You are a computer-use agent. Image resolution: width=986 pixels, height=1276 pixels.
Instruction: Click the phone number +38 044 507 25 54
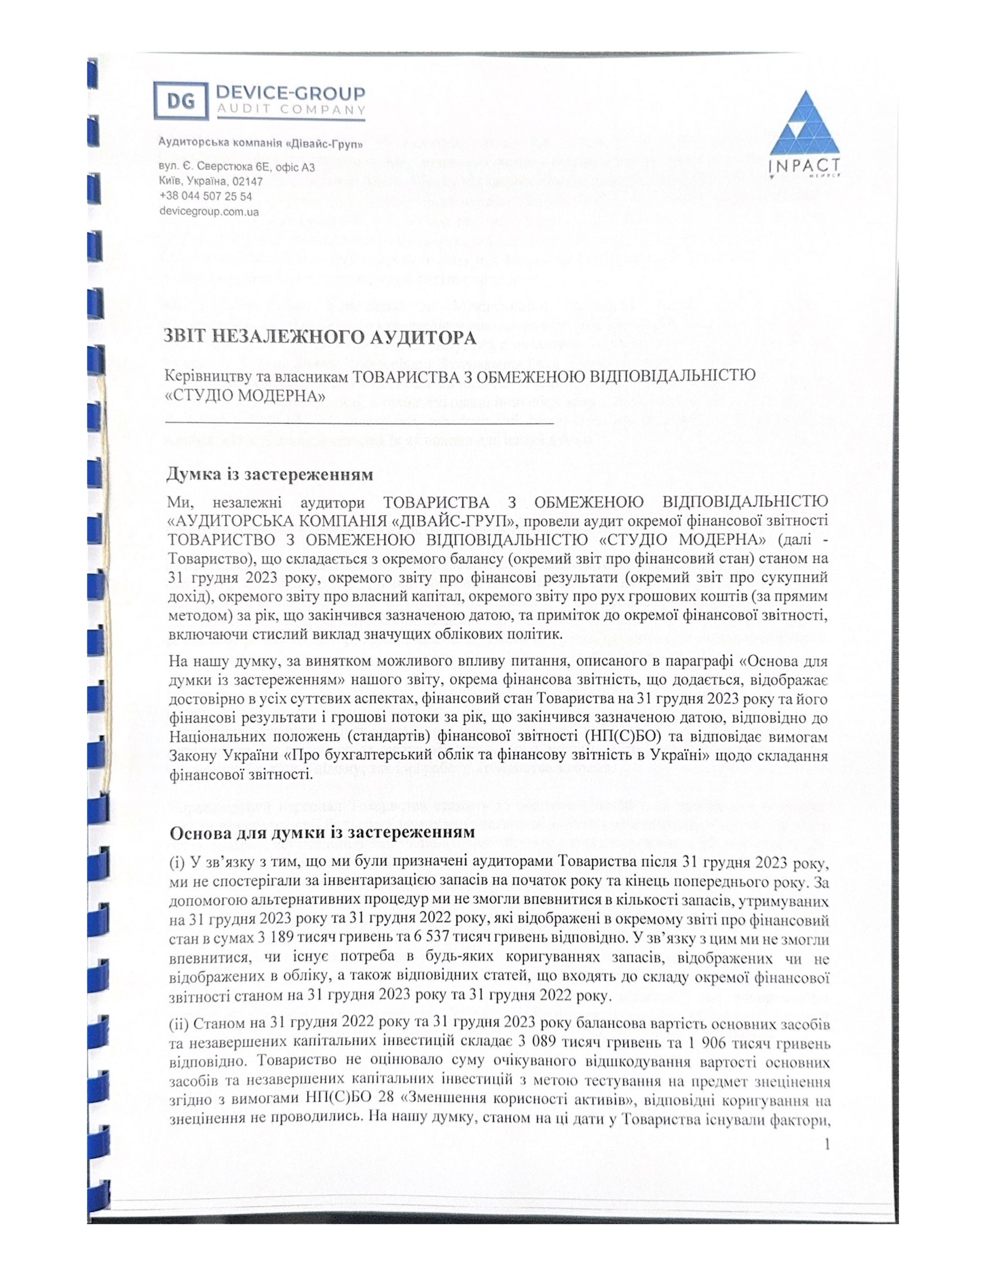206,197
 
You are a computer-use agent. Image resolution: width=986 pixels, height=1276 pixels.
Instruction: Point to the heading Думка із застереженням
270,474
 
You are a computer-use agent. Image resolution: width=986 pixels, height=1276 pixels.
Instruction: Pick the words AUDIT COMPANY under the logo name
290,109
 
